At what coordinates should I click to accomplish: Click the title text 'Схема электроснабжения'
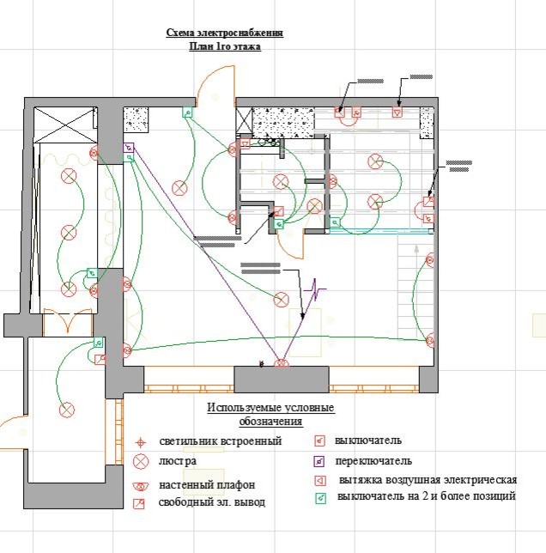click(224, 33)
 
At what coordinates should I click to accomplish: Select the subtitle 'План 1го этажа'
click(224, 46)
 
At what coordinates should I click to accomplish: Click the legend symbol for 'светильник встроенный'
click(142, 442)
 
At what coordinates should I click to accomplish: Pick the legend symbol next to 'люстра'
click(142, 462)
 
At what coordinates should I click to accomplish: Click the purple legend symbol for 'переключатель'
click(319, 461)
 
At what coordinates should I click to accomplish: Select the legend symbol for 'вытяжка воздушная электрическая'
click(319, 479)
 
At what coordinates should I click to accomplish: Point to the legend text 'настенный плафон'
click(207, 486)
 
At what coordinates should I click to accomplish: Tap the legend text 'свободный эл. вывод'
click(211, 502)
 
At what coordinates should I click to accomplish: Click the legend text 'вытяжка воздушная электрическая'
click(428, 479)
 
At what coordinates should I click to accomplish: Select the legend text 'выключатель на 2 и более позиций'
click(427, 497)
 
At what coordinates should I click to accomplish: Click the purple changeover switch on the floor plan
click(129, 152)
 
